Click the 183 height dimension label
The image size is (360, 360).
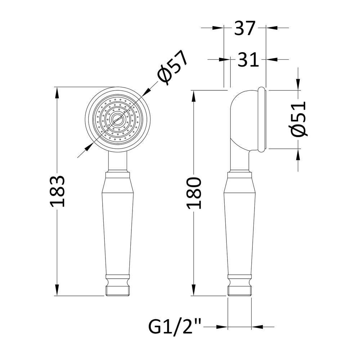[x=57, y=191]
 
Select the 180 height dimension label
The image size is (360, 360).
[x=194, y=193]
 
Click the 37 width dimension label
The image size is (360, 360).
[x=245, y=28]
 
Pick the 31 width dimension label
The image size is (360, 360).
[x=248, y=60]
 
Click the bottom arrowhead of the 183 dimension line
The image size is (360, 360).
[x=57, y=290]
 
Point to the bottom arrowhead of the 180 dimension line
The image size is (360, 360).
[x=194, y=290]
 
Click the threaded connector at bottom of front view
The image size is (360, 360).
[x=118, y=291]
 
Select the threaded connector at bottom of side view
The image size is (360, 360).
[x=239, y=291]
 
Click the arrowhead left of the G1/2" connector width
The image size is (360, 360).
[x=222, y=327]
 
